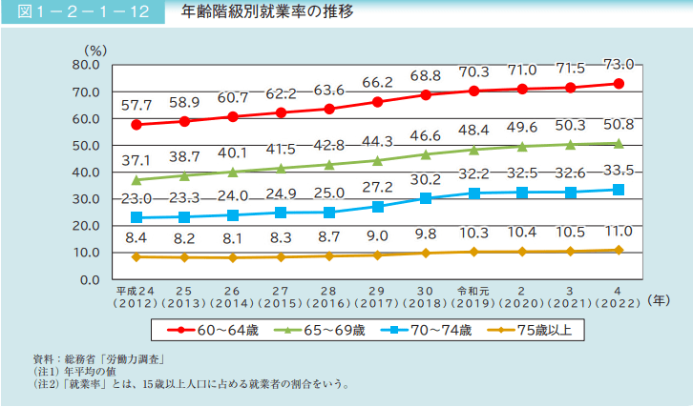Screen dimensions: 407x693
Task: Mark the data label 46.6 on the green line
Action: pyautogui.click(x=426, y=136)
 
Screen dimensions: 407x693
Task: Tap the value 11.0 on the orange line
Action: pyautogui.click(x=619, y=232)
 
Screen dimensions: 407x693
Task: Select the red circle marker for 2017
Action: pyautogui.click(x=378, y=102)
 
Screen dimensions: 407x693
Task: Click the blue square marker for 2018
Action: pyautogui.click(x=426, y=198)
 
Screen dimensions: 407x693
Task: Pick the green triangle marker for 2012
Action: pyautogui.click(x=136, y=179)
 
